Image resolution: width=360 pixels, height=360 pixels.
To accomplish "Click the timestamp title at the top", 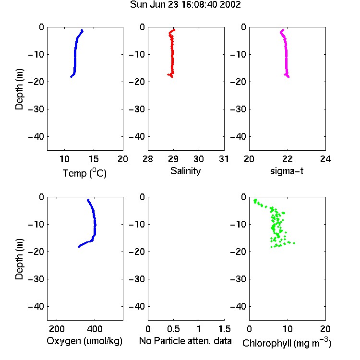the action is [185, 5].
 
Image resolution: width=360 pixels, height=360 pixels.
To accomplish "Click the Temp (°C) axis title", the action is [84, 173].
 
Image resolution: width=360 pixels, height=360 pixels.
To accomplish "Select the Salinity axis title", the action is [185, 171].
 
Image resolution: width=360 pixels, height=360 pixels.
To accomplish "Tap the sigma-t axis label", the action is [287, 171].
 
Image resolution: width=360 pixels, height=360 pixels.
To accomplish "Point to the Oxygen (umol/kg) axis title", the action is [84, 341].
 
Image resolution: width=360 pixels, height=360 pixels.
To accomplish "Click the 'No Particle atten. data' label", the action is [185, 341].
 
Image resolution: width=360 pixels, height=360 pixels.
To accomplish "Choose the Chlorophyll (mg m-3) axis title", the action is [287, 343].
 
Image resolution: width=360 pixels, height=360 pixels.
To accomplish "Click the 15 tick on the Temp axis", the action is [94, 159].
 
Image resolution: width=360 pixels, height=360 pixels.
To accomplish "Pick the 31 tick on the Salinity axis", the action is [224, 159].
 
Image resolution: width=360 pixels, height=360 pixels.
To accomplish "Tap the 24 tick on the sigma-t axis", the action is [325, 159].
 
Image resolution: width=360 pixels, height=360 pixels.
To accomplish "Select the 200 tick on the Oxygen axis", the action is [57, 329].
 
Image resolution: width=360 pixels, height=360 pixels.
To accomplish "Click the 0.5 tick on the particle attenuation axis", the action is [173, 329].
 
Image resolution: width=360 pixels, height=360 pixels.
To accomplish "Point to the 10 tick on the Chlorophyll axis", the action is [288, 329].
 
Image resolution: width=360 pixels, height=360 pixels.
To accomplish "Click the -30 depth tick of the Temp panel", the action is [36, 109].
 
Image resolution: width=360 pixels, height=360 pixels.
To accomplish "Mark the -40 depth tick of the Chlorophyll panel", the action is [238, 306].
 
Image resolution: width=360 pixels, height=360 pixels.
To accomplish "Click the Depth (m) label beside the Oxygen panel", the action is [19, 259].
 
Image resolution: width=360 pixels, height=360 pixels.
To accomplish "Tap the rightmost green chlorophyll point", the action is [294, 243].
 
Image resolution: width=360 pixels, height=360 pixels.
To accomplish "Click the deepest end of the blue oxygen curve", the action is [79, 247].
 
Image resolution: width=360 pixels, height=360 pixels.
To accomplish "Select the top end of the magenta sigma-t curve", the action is [283, 30].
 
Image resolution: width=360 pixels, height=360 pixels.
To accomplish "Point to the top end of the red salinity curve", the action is [175, 30].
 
